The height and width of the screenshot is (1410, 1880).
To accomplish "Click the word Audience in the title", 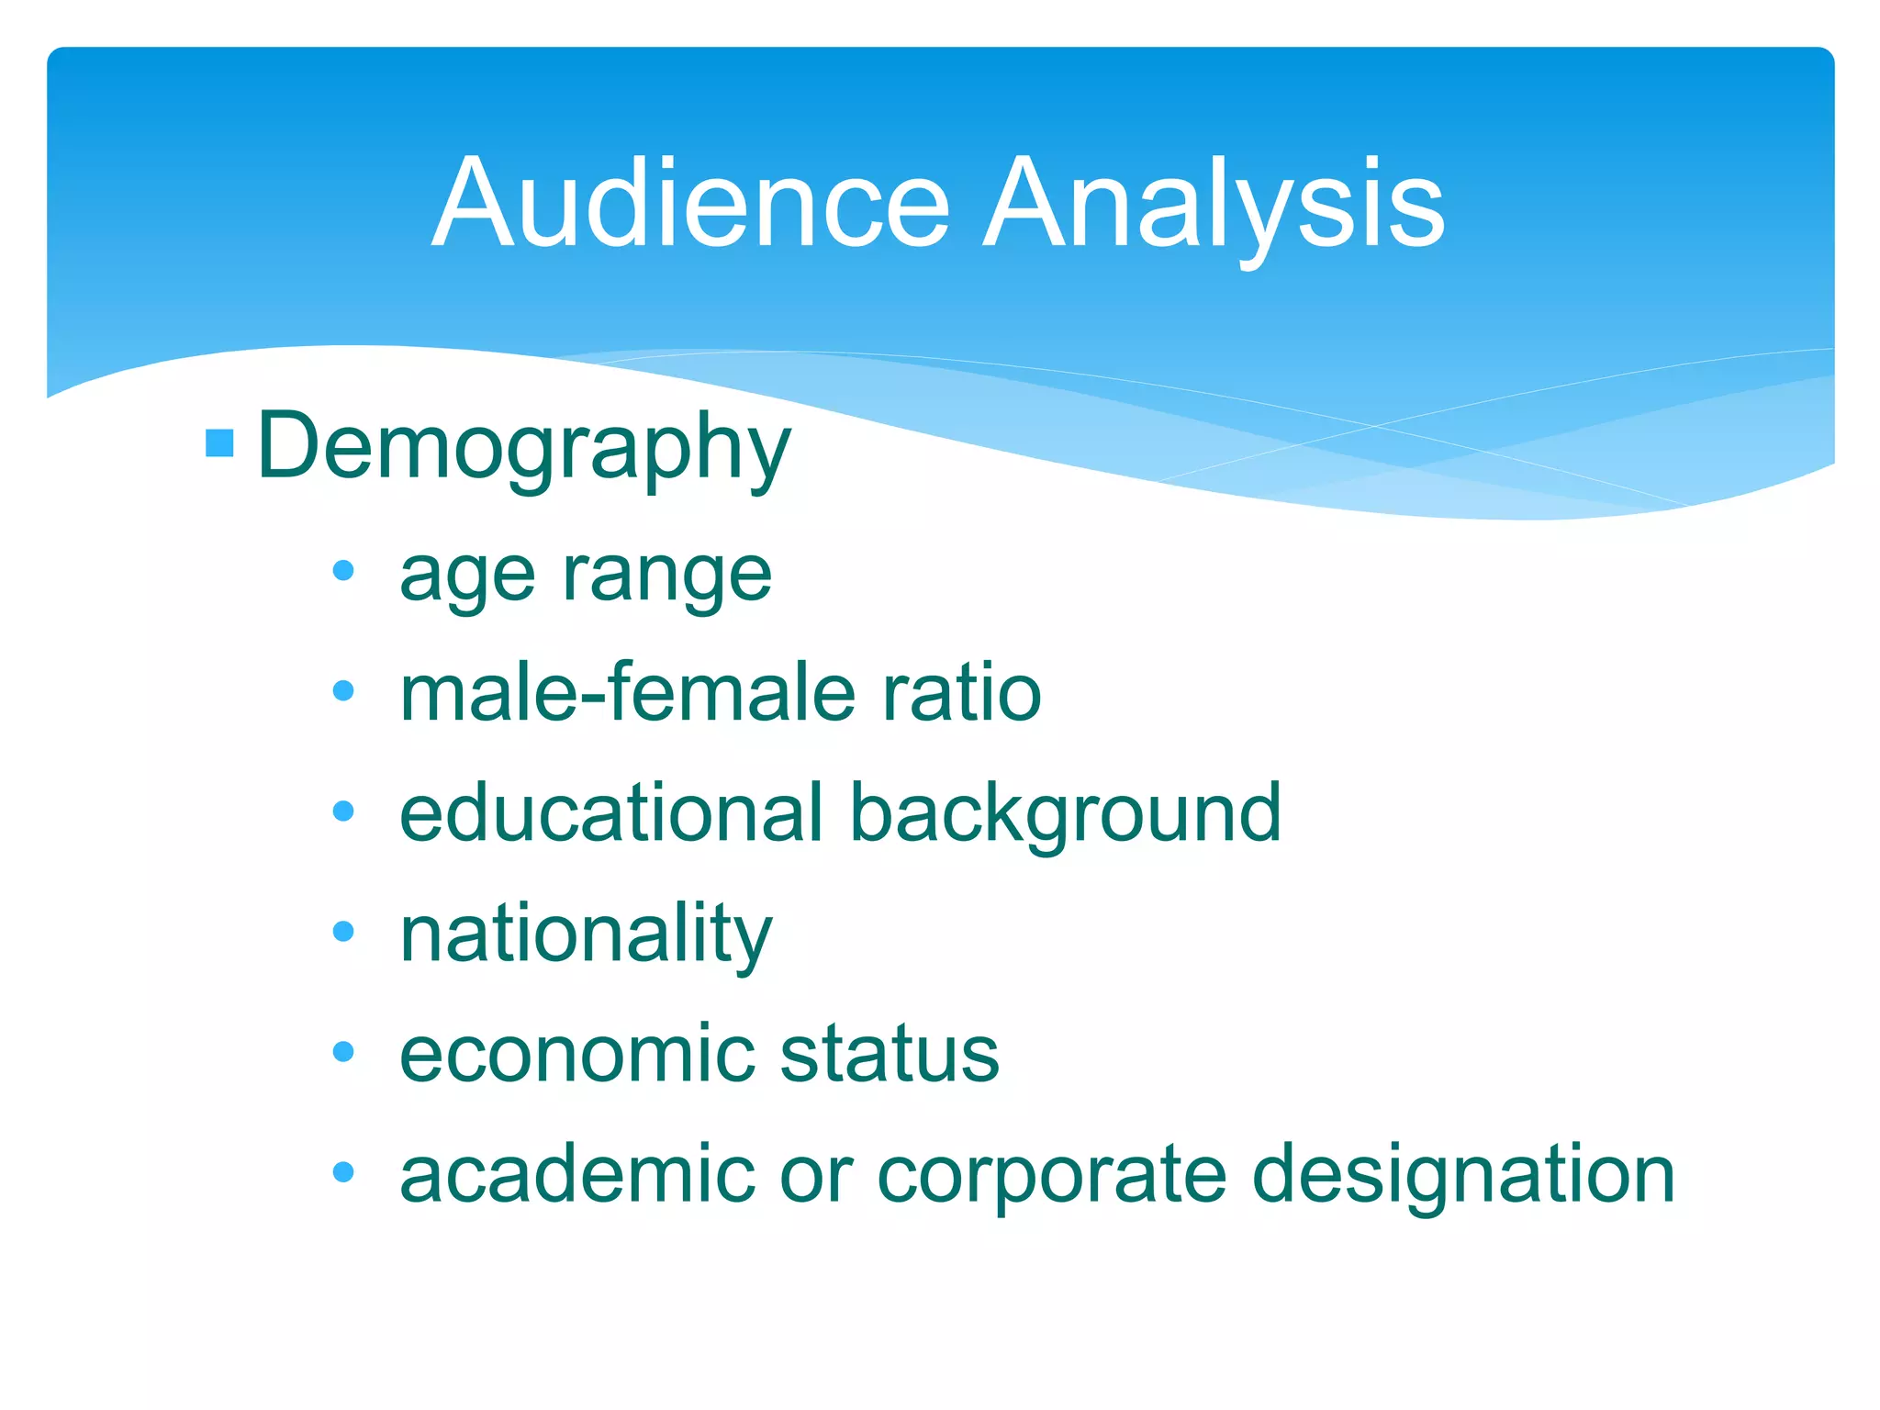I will pos(690,203).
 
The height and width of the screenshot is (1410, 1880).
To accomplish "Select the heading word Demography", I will pos(523,447).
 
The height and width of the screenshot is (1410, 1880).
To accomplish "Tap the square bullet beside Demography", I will pos(220,443).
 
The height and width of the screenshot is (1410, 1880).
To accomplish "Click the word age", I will pos(467,576).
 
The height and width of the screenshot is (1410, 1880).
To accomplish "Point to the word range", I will pos(667,576).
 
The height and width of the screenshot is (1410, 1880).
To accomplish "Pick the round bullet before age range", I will pos(343,571).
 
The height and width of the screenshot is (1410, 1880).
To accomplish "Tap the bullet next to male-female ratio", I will pos(343,690).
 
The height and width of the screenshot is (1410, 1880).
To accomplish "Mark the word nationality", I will pos(586,934).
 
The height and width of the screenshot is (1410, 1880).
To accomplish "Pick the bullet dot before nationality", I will pos(343,932).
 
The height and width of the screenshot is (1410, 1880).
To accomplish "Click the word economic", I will pos(577,1054).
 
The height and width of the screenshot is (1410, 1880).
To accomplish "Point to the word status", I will pos(890,1054).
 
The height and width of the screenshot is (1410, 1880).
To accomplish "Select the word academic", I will pos(576,1174).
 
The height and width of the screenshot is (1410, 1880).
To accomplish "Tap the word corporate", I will pos(1052,1176).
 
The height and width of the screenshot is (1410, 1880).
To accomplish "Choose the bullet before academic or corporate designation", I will pos(343,1171).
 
